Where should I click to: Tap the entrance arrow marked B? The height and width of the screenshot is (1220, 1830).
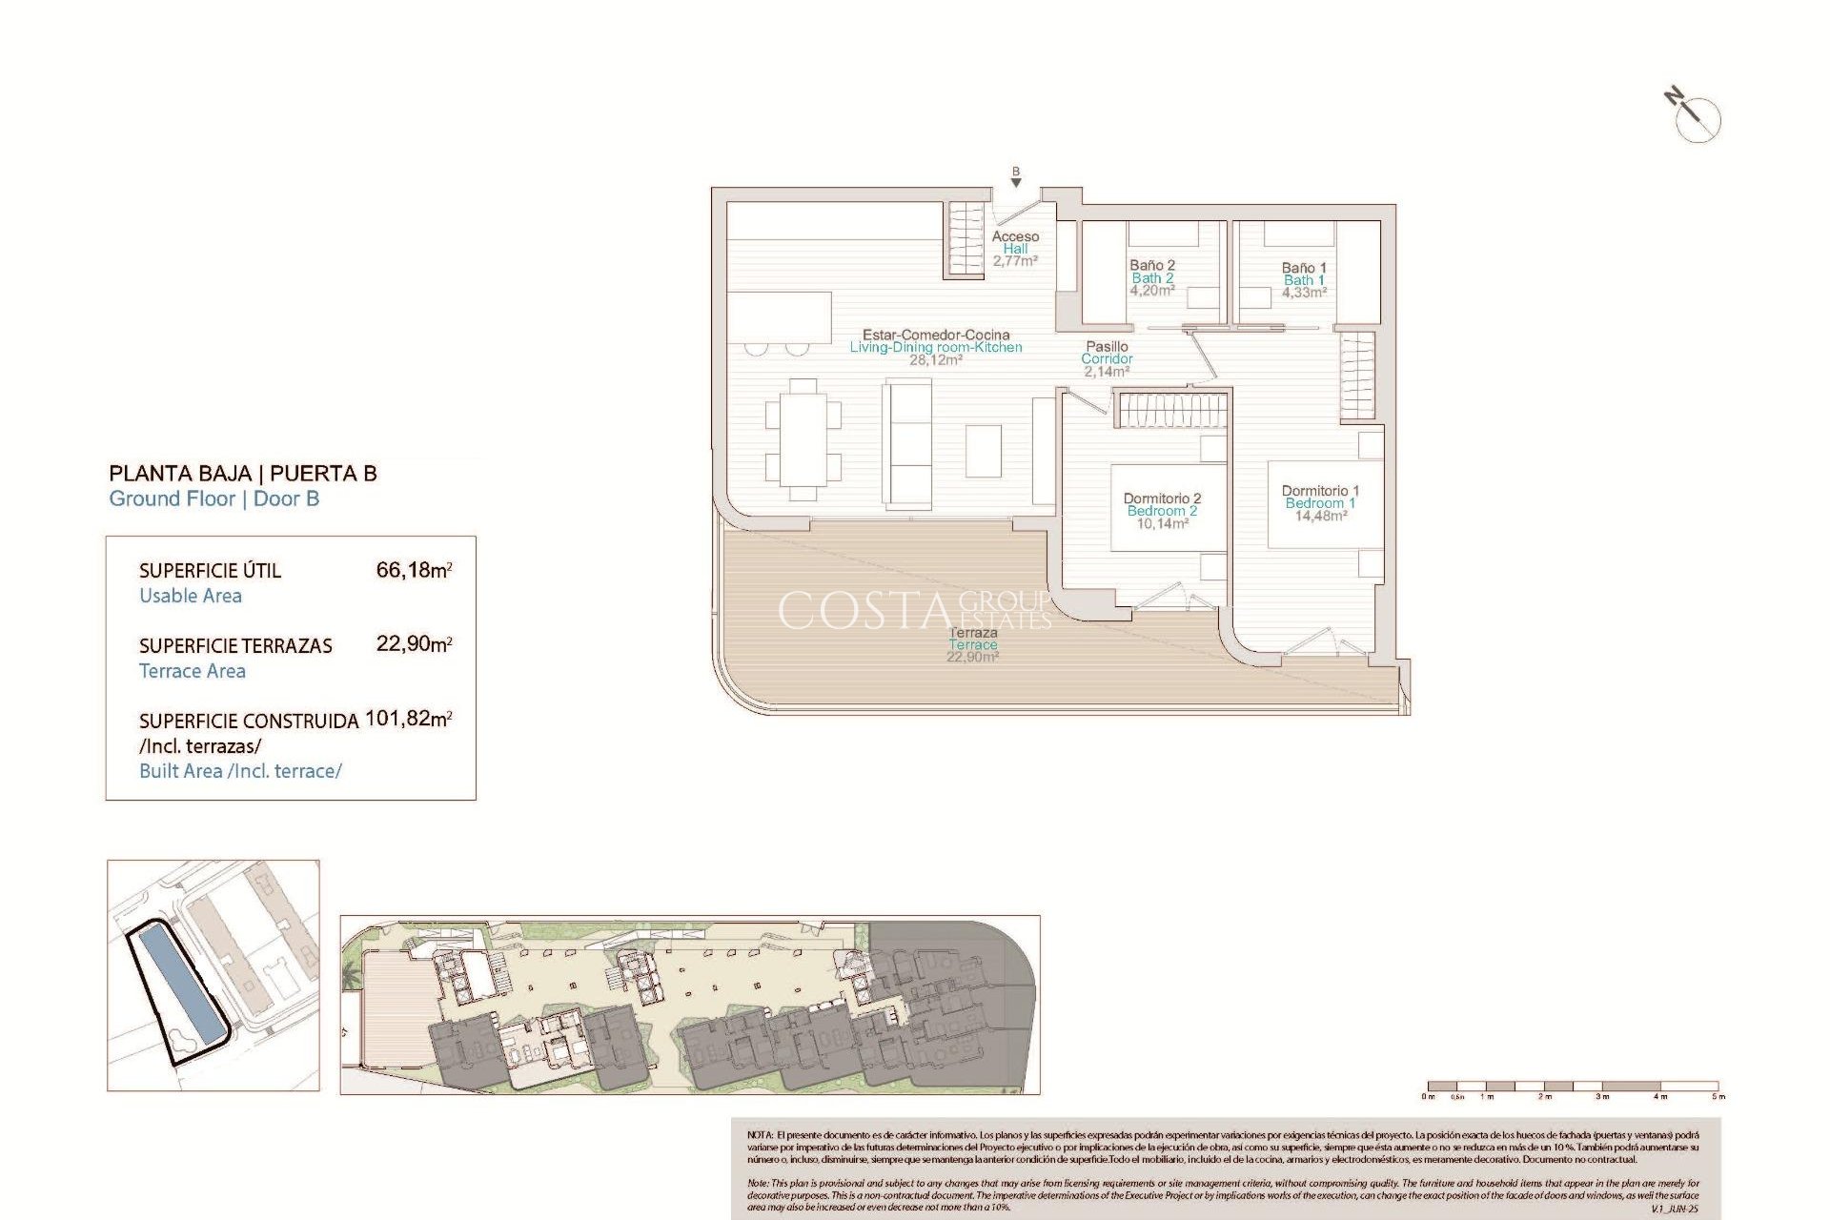click(1016, 180)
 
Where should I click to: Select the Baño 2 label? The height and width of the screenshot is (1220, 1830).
click(1152, 265)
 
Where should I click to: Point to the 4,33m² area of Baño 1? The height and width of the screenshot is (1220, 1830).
click(1303, 293)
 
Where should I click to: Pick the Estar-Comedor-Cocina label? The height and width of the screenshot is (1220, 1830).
click(936, 335)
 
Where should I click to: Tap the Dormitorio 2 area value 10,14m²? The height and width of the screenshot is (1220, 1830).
click(1162, 523)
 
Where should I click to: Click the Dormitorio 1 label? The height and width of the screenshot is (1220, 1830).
click(1320, 491)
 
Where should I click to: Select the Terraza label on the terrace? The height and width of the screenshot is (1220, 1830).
click(973, 633)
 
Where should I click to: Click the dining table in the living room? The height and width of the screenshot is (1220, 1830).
click(803, 439)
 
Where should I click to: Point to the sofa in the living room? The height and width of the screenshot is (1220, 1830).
click(907, 443)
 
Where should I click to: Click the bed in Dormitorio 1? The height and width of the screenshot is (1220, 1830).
click(1325, 505)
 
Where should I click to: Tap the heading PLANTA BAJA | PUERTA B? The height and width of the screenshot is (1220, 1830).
click(243, 474)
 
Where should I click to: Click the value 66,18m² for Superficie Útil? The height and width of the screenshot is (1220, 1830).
click(414, 570)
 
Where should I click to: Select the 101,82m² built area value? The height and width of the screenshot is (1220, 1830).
click(408, 719)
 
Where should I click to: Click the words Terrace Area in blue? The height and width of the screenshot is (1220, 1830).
click(193, 671)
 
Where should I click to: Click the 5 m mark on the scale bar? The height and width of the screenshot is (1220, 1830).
click(1718, 1097)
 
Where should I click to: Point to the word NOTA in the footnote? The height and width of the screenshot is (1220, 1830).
click(760, 1135)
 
